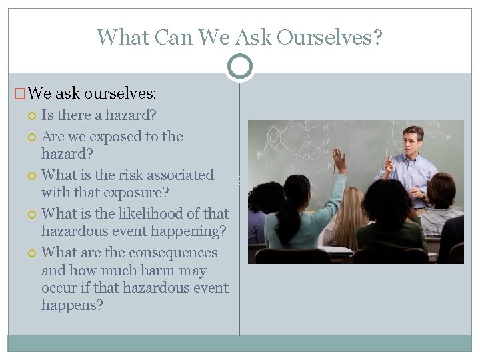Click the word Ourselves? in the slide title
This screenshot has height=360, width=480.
pyautogui.click(x=329, y=37)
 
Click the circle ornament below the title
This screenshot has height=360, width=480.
pyautogui.click(x=239, y=67)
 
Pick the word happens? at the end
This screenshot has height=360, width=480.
pyautogui.click(x=72, y=305)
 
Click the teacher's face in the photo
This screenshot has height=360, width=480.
pyautogui.click(x=413, y=142)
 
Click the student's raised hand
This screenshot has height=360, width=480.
pyautogui.click(x=339, y=161)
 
